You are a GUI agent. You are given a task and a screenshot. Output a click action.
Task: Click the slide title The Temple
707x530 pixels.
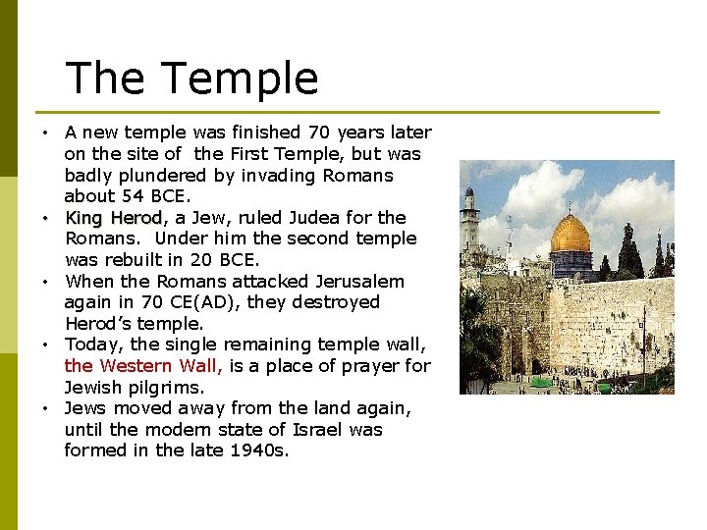click(191, 79)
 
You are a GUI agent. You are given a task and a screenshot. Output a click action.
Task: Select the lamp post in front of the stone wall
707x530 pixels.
click(643, 344)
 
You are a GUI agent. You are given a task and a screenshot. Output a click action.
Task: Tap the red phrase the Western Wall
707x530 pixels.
click(143, 366)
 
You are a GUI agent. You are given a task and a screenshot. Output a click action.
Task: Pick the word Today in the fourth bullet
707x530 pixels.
click(94, 344)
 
